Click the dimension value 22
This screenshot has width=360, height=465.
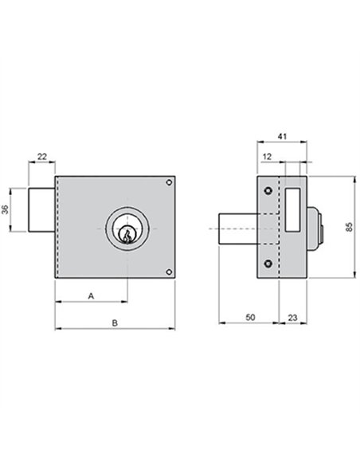[42, 156]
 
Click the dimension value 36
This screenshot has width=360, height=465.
[6, 209]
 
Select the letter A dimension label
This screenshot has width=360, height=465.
[91, 295]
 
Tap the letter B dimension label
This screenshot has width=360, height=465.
[115, 322]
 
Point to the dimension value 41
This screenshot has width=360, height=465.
[282, 136]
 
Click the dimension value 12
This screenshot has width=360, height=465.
[267, 156]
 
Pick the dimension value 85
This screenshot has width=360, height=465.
[350, 227]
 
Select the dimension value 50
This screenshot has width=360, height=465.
[250, 318]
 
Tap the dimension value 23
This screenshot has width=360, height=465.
[292, 318]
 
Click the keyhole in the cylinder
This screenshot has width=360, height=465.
[127, 236]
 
